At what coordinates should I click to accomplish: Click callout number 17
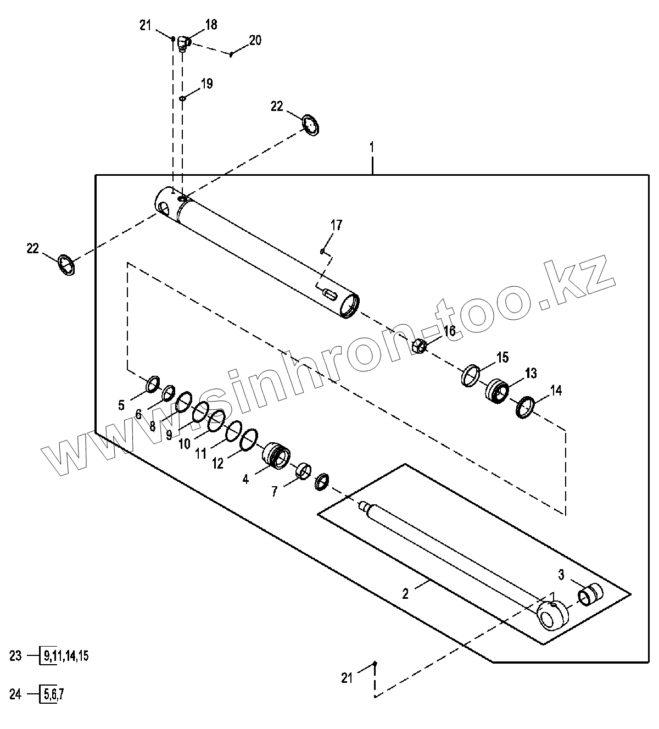tap(336, 225)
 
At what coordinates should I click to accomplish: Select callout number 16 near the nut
tap(449, 331)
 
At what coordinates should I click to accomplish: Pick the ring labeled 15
tap(470, 375)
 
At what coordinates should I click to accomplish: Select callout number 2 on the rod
tap(405, 593)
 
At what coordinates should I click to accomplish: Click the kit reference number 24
tap(15, 694)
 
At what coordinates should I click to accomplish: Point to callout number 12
tap(218, 464)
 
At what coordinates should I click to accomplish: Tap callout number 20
tap(255, 41)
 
